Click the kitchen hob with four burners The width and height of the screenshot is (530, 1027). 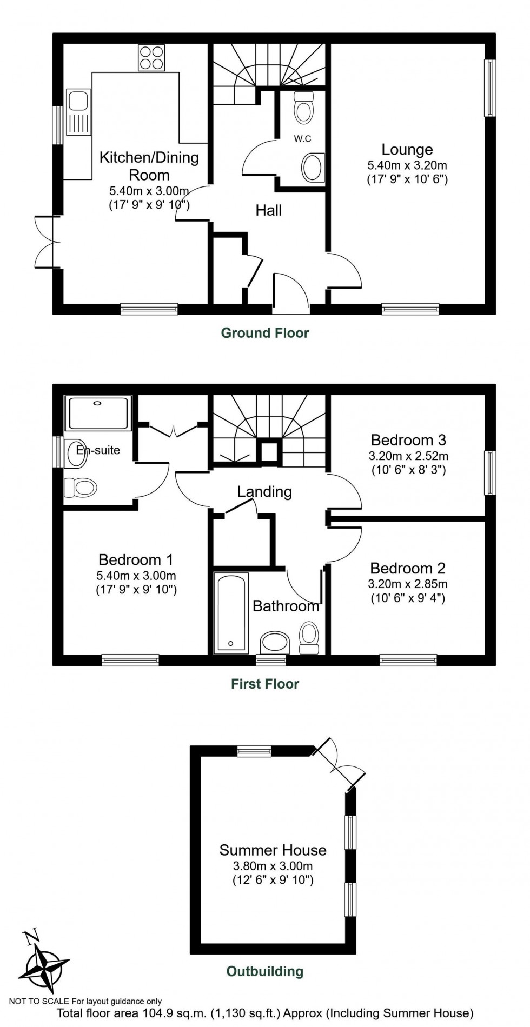click(x=152, y=57)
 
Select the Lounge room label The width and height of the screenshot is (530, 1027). click(x=407, y=149)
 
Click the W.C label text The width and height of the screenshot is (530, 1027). click(x=302, y=139)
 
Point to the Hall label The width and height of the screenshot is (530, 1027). click(x=269, y=210)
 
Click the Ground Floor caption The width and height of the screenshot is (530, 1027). click(x=265, y=333)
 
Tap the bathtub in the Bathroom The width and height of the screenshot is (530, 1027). click(x=231, y=612)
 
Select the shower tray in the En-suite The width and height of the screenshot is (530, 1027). click(x=98, y=414)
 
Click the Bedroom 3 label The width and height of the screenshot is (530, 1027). click(x=408, y=440)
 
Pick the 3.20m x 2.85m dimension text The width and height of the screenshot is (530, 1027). click(x=408, y=584)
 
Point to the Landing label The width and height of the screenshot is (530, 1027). click(x=264, y=491)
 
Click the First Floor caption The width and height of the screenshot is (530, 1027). click(x=265, y=684)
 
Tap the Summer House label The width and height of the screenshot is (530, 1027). click(x=273, y=850)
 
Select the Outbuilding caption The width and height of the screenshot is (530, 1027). click(x=265, y=971)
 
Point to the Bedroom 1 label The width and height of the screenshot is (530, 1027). click(x=136, y=559)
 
